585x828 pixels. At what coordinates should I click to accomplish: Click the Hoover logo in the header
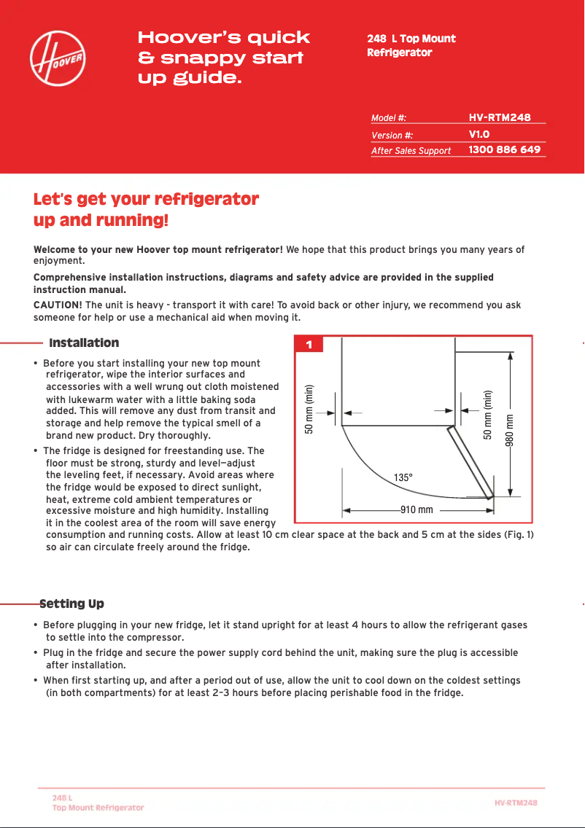[x=58, y=57]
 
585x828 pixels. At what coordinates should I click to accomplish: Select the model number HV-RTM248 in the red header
[x=499, y=117]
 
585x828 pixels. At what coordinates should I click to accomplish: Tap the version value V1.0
[x=479, y=134]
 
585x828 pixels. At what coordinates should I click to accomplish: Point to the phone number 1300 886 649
[x=504, y=149]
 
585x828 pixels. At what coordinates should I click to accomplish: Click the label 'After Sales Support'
[x=411, y=151]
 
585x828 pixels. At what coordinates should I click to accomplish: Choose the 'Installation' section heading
[x=84, y=343]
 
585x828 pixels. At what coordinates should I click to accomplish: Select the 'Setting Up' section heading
[x=71, y=604]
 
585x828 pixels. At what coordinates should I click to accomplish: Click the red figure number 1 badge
[x=309, y=345]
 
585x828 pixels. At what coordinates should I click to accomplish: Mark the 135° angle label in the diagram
[x=403, y=477]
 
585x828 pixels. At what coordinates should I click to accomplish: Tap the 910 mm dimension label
[x=417, y=509]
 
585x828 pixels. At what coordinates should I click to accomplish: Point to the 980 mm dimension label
[x=511, y=430]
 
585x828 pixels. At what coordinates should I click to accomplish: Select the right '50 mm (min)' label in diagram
[x=488, y=414]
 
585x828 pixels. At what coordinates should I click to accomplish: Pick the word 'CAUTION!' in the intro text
[x=58, y=305]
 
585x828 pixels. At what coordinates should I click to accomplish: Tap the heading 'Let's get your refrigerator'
[x=147, y=199]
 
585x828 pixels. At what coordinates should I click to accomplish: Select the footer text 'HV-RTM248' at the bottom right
[x=516, y=802]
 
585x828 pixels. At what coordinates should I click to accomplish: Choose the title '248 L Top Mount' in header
[x=411, y=39]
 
